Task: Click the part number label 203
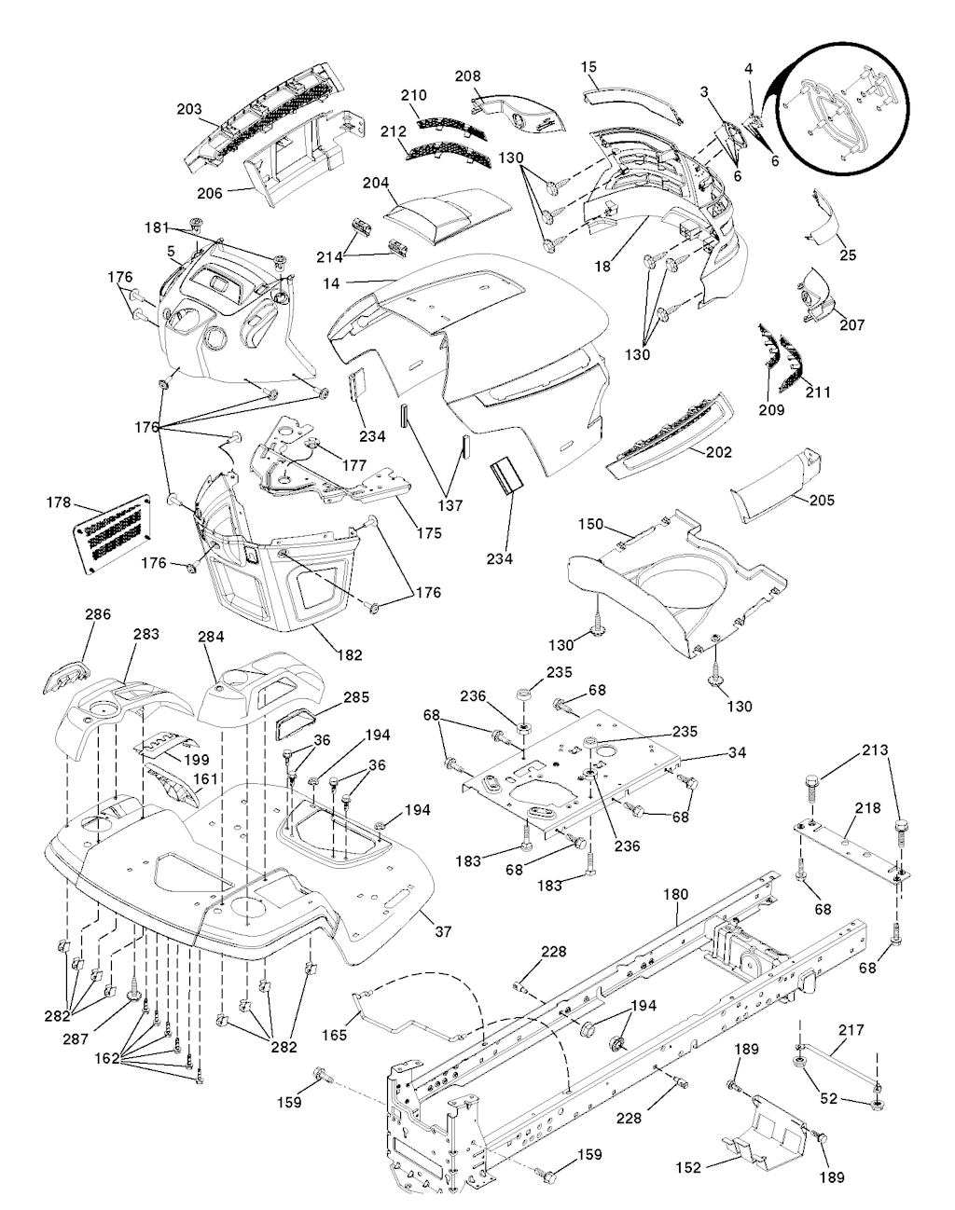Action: tap(189, 109)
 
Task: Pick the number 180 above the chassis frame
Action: tap(674, 894)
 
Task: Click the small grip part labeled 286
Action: tap(64, 676)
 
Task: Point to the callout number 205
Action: tap(821, 500)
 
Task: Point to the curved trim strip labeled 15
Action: tap(634, 99)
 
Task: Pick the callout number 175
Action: tap(429, 533)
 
